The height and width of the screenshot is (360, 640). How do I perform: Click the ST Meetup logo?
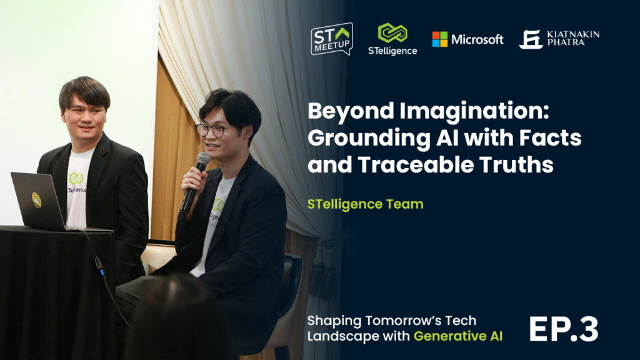(x=332, y=39)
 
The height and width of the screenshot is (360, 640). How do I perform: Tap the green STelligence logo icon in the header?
(x=392, y=32)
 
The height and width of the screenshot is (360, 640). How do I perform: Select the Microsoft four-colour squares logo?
(x=439, y=39)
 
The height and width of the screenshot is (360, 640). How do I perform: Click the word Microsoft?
(x=477, y=39)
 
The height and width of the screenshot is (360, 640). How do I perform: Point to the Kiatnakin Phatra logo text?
(x=573, y=38)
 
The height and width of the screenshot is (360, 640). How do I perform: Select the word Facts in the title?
(x=550, y=137)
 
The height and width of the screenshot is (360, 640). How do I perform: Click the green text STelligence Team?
(x=365, y=204)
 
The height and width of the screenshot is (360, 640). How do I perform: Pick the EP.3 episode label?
(x=564, y=329)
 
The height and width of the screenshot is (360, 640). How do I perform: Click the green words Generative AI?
(x=458, y=336)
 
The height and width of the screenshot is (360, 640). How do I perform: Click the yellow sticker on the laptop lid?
(x=36, y=199)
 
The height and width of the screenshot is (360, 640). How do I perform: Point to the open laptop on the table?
(x=45, y=202)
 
